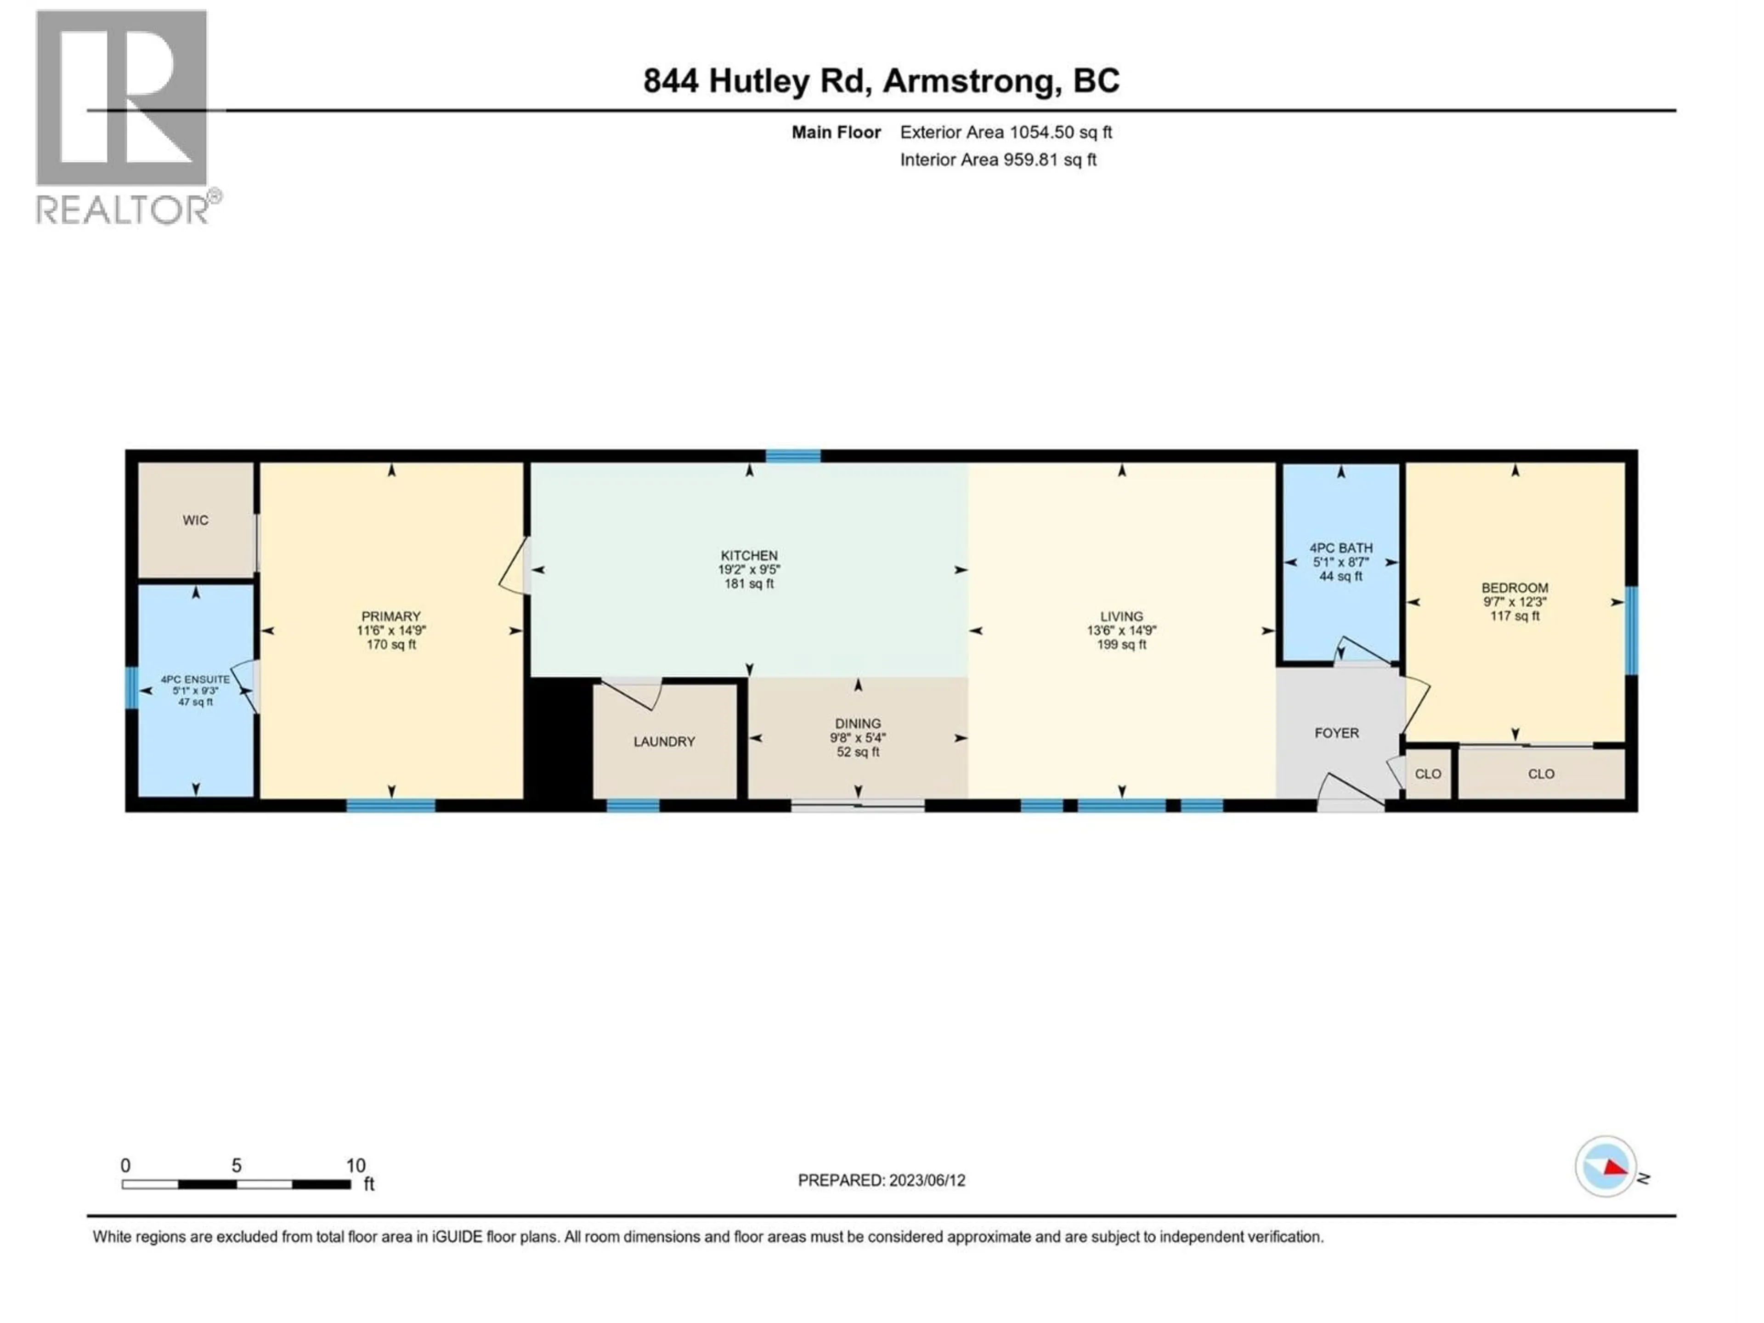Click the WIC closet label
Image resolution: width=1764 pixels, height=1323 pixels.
tap(195, 520)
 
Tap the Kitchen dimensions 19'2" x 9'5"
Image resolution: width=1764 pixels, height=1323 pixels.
tap(749, 569)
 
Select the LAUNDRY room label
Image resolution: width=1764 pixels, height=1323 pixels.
tap(664, 741)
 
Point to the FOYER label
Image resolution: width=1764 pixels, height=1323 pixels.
tap(1337, 733)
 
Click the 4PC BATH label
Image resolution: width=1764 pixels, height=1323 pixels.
tap(1340, 548)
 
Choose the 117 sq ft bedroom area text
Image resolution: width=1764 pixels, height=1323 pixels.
tap(1515, 616)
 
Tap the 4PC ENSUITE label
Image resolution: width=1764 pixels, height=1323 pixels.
tap(195, 679)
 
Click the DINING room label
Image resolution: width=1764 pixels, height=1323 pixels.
tap(858, 724)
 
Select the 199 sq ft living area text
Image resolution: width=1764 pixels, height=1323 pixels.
tap(1121, 645)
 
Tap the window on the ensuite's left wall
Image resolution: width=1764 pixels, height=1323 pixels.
tap(131, 687)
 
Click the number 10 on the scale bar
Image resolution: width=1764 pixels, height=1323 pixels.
tap(356, 1165)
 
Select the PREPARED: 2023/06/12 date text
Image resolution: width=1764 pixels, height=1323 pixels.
tap(881, 1180)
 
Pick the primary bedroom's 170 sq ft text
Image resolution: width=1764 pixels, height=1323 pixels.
tap(391, 645)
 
